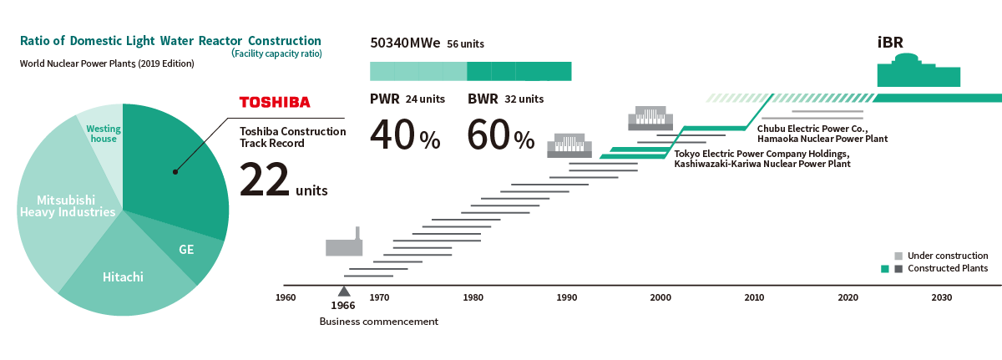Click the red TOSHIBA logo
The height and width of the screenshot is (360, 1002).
coord(275,103)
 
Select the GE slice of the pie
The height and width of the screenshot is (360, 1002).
coord(186,250)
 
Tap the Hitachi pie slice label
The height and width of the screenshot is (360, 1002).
coord(123,276)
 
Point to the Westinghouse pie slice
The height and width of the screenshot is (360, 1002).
coord(104,134)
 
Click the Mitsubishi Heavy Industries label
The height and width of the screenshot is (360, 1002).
coord(68,206)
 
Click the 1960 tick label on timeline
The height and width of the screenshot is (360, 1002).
coord(286,297)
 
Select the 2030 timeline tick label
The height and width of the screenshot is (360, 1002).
coord(941,297)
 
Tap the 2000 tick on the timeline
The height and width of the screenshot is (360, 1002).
coord(660,297)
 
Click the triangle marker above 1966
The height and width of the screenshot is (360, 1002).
coord(343,292)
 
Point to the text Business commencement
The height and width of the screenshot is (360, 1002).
coord(378,322)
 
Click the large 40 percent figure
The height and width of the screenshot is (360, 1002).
coord(404,135)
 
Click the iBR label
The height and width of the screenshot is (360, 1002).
coord(890,42)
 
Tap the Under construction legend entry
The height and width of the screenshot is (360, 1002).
coord(947,256)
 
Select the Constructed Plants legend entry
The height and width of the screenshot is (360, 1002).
coord(947,268)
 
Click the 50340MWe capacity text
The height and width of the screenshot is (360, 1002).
coord(405,43)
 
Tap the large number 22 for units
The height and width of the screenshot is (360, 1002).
coord(265,180)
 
